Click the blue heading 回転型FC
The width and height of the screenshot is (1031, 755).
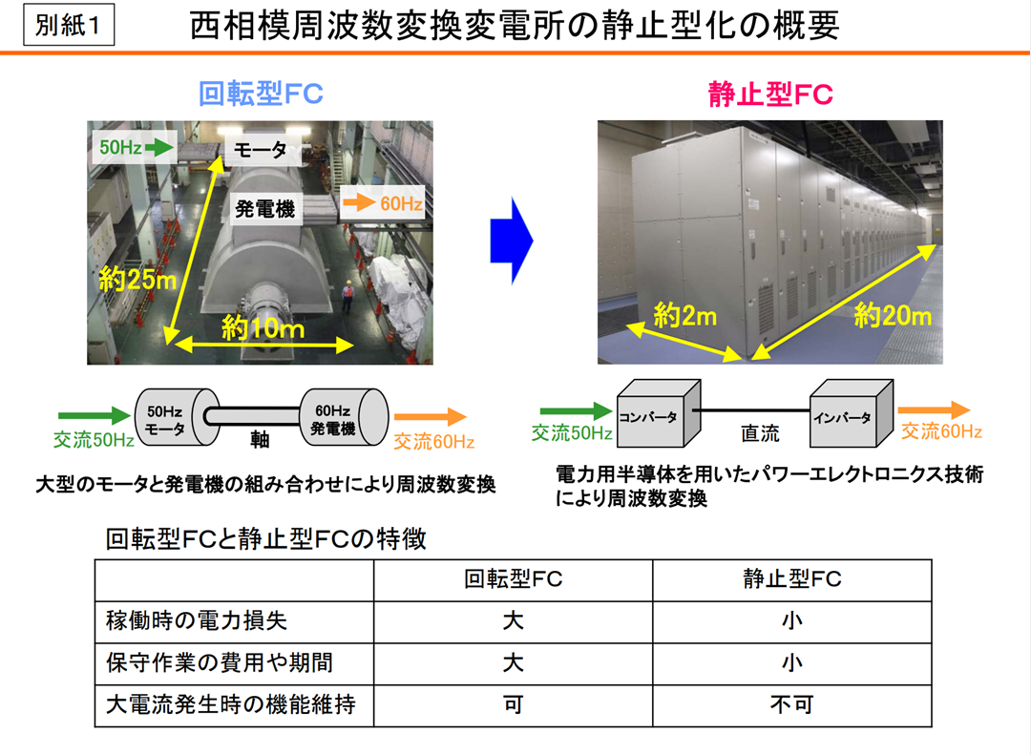261,94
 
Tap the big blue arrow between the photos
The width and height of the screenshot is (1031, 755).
510,241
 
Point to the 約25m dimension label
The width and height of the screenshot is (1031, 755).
137,279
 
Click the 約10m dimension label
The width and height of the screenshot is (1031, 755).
263,328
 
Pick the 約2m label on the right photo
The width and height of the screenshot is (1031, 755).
684,314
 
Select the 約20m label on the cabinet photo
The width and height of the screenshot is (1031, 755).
893,314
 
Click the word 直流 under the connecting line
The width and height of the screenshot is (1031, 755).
760,434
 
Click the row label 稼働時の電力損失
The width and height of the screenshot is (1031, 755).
196,620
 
